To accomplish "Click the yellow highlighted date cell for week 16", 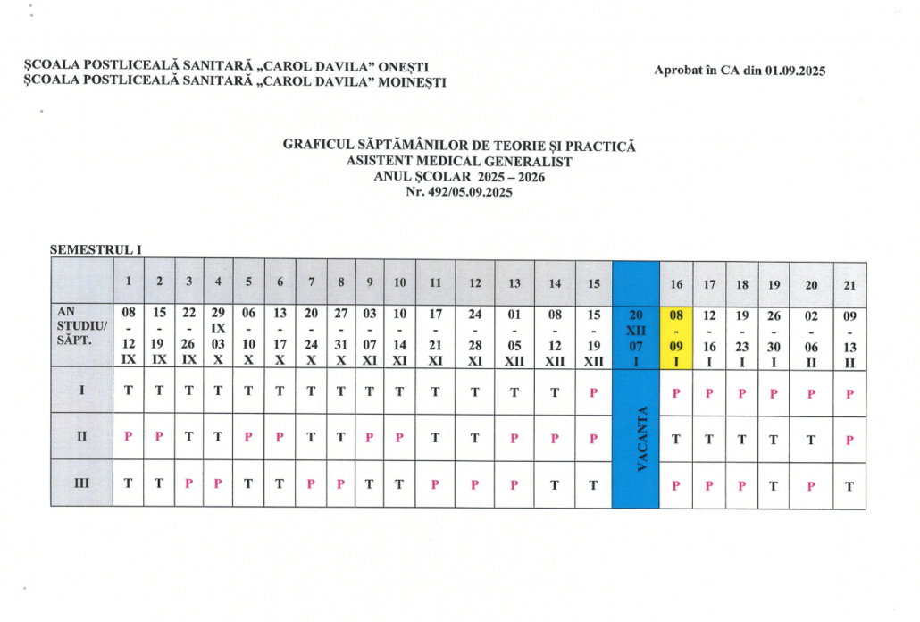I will click(x=676, y=337).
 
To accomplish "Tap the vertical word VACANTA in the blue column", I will click(x=642, y=437).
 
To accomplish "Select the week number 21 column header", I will click(x=849, y=284).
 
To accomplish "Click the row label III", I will click(x=81, y=483).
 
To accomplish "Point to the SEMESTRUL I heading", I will click(x=96, y=251).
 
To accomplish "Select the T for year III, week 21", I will click(x=849, y=486).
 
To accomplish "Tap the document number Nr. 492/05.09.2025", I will click(x=459, y=191).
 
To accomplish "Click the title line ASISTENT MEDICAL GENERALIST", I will click(x=459, y=162).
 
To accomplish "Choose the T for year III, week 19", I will click(x=774, y=485).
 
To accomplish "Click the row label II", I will click(x=81, y=436).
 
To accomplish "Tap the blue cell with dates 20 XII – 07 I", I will click(x=635, y=337).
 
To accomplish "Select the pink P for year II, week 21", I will click(x=849, y=439).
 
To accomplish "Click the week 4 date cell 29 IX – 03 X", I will click(x=218, y=337).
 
